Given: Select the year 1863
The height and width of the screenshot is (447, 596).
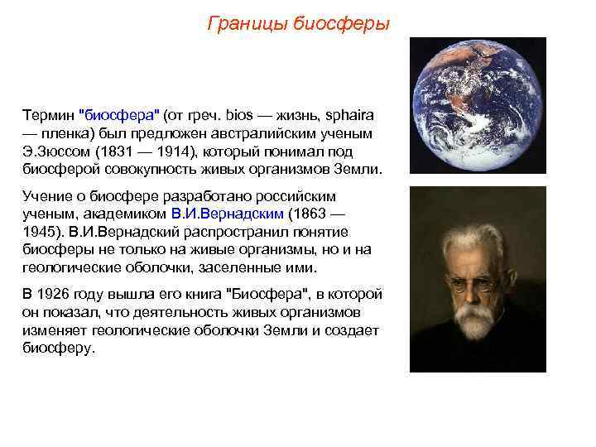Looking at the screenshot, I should [x=313, y=213].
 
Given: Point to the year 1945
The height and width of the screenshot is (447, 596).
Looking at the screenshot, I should [x=38, y=231].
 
